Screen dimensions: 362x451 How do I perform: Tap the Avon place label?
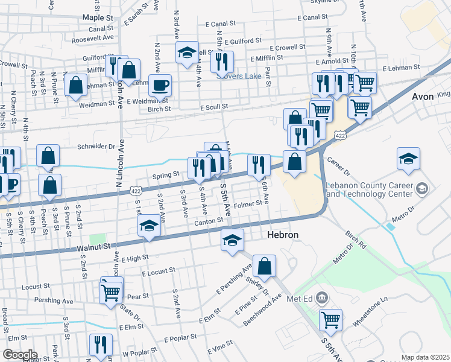(x=423, y=97)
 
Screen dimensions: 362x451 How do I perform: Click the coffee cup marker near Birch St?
(x=160, y=85)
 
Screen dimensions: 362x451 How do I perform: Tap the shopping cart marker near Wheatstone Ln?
(x=330, y=320)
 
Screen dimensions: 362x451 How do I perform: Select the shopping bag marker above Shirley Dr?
(x=264, y=265)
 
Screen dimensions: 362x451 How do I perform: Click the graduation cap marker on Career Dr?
(x=408, y=159)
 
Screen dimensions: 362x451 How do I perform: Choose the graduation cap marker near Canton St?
(x=149, y=226)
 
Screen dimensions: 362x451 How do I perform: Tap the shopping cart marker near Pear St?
(x=111, y=292)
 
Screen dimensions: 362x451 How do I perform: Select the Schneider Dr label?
(x=96, y=147)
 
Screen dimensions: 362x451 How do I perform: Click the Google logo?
(x=19, y=354)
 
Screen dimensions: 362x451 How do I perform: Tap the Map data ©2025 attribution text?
(x=425, y=357)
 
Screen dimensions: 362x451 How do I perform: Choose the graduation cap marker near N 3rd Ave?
(x=188, y=52)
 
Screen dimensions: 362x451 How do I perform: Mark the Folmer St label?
(x=249, y=203)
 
